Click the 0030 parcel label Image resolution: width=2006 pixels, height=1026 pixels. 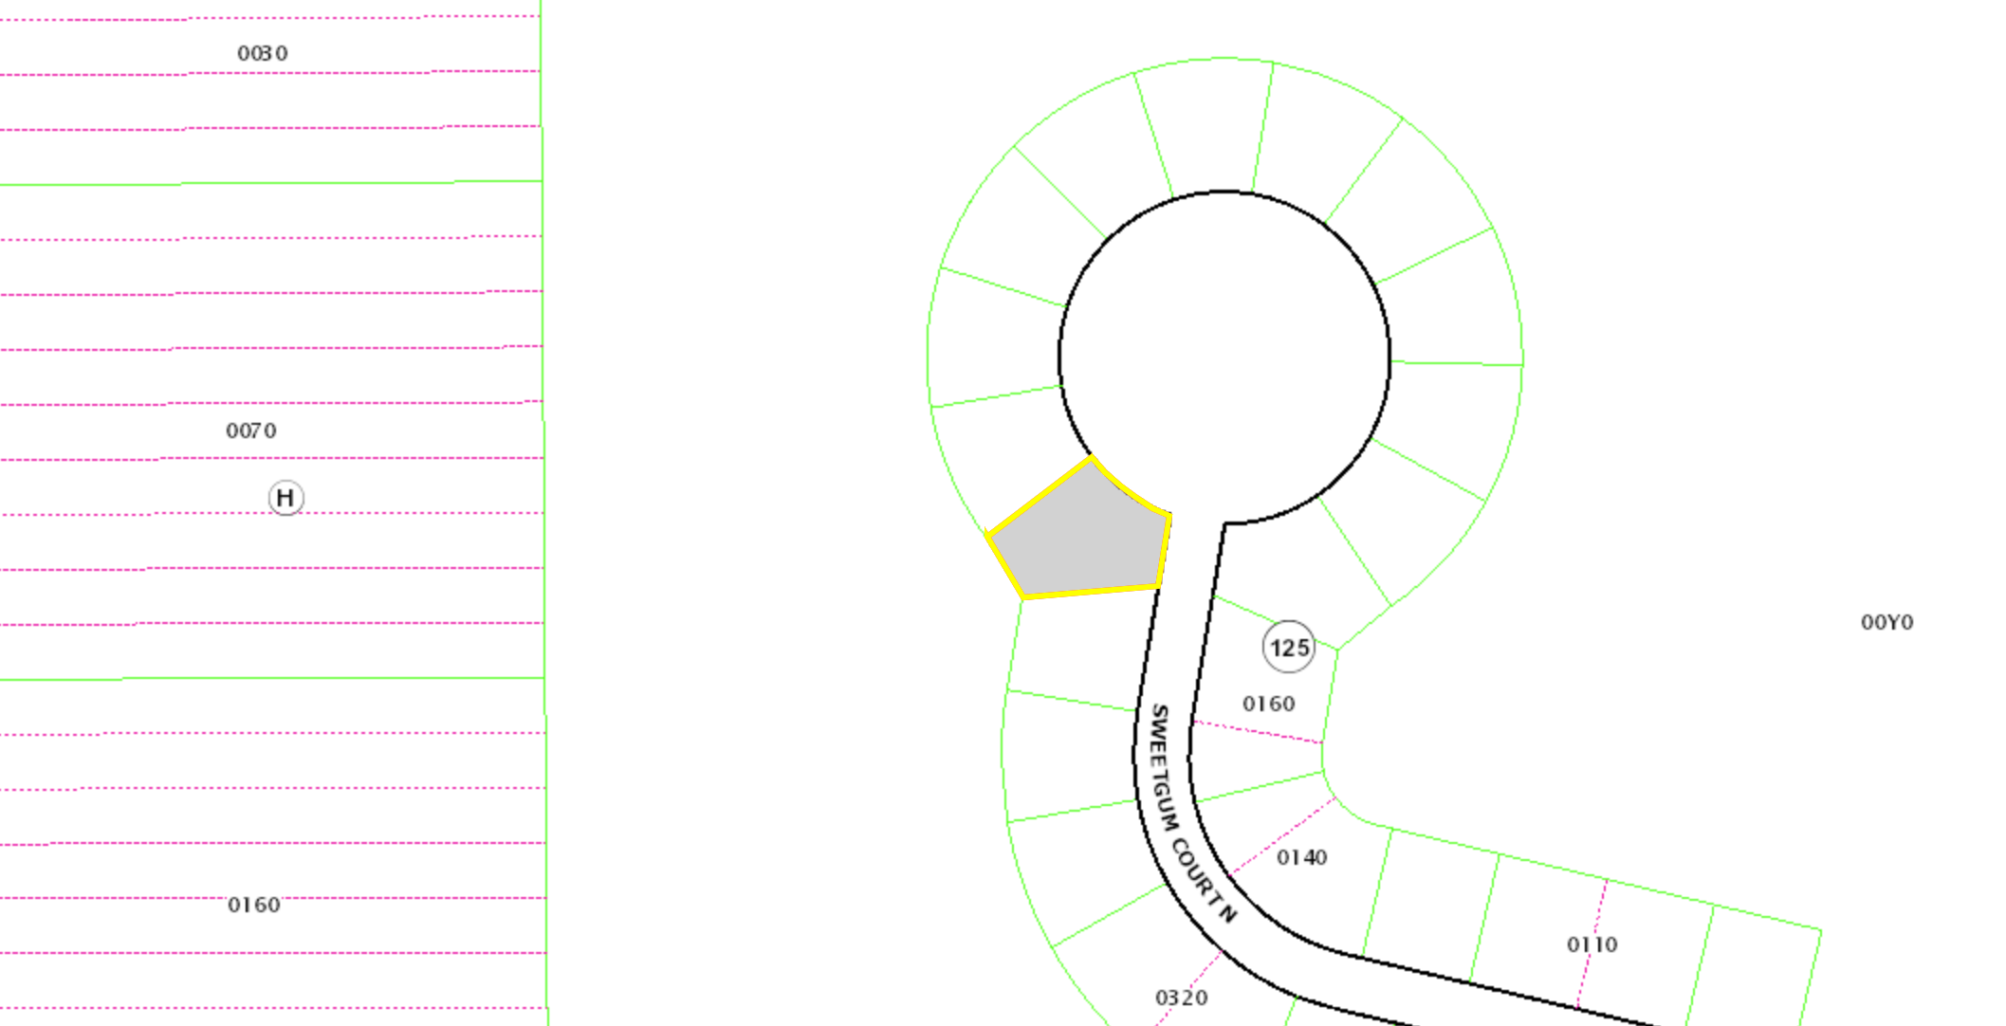[x=263, y=53]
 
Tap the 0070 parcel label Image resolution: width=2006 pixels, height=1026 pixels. [x=251, y=431]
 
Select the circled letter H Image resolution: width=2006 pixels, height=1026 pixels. [x=285, y=498]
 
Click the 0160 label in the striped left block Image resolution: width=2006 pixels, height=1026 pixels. [x=254, y=905]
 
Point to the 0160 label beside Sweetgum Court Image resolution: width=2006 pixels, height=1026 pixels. [x=1269, y=704]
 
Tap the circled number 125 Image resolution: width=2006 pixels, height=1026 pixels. [x=1289, y=648]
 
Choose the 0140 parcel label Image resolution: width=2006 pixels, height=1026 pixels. [x=1302, y=857]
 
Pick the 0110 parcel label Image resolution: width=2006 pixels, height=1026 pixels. [x=1592, y=944]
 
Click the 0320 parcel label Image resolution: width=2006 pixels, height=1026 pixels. [x=1182, y=998]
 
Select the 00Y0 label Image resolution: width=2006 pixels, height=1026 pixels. [x=1887, y=622]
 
